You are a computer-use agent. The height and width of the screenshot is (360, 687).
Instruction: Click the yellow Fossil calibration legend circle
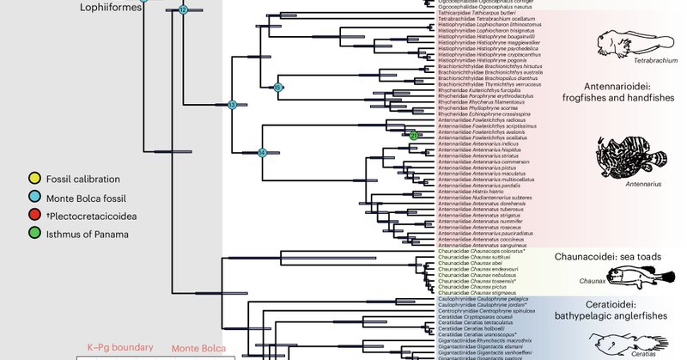[34, 180]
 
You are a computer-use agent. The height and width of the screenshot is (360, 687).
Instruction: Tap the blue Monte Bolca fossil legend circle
[34, 198]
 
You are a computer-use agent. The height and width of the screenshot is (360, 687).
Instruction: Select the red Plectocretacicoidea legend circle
[34, 216]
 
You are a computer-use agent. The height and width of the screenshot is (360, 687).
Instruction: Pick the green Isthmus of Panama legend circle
[34, 233]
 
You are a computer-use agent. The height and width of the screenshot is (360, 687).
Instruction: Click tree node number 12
[183, 9]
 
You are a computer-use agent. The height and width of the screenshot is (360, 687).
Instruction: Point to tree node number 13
[231, 105]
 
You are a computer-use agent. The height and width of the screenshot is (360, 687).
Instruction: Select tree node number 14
[263, 153]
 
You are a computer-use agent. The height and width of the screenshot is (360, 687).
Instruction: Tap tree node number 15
[277, 88]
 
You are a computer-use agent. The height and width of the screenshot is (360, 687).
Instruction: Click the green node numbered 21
[413, 136]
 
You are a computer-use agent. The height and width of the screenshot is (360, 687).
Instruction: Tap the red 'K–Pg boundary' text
[112, 349]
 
